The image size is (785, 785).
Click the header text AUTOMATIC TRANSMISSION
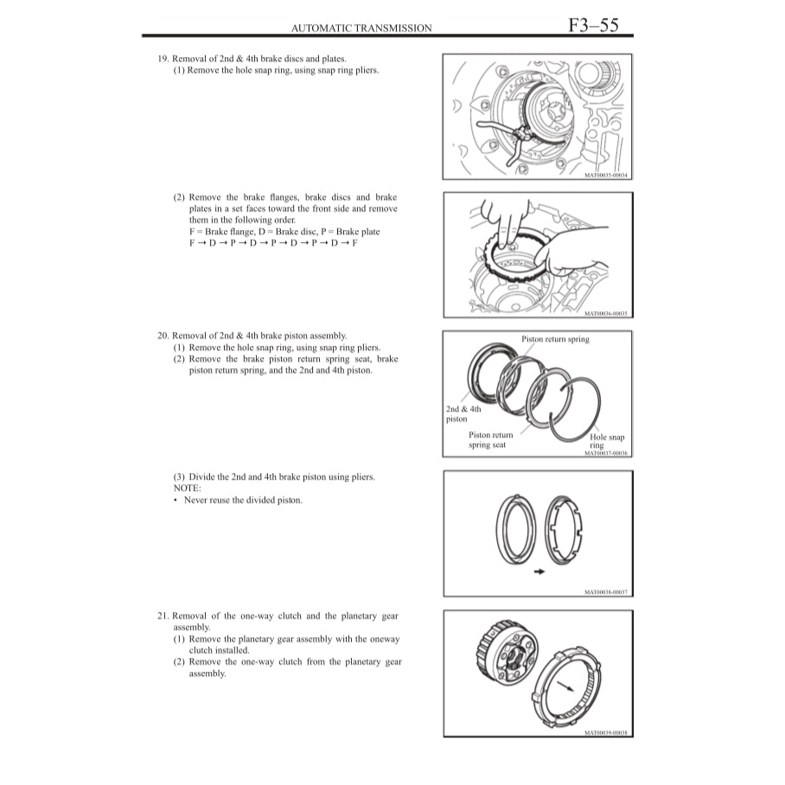[361, 29]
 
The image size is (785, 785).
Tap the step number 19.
[162, 59]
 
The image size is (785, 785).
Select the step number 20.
[162, 335]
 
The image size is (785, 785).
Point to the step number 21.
[162, 616]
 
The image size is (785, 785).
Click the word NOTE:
[187, 488]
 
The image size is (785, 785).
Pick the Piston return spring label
[555, 339]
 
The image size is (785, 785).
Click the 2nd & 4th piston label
[463, 414]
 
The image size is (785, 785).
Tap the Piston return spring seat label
[490, 440]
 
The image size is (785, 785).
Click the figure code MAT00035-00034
[606, 176]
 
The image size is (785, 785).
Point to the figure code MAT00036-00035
[606, 314]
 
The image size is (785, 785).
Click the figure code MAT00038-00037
[606, 592]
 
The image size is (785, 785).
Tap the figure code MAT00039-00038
[606, 732]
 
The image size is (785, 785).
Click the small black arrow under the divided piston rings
[539, 571]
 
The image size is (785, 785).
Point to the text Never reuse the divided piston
[243, 500]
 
